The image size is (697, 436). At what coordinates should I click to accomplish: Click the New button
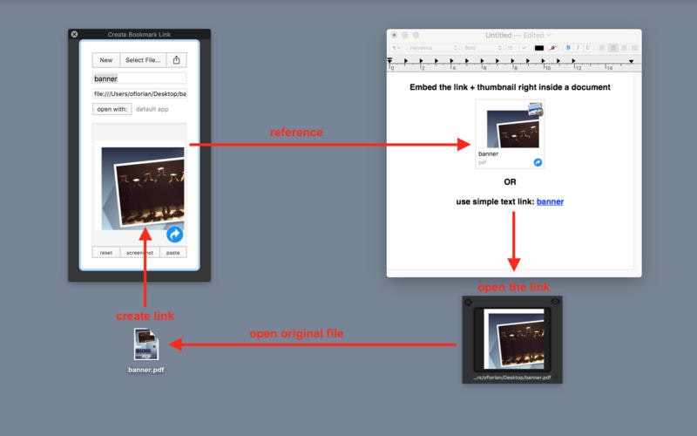tap(105, 60)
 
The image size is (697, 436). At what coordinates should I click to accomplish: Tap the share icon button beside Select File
tap(177, 60)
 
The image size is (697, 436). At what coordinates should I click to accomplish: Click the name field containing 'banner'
tap(139, 78)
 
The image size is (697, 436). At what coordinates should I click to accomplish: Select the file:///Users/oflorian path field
tap(139, 93)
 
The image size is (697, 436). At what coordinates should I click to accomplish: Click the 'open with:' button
tap(112, 109)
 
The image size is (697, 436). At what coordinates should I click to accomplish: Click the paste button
tap(173, 253)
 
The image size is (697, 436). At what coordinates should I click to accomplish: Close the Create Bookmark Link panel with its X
tap(74, 34)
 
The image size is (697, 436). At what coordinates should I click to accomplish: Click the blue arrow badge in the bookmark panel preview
tap(174, 234)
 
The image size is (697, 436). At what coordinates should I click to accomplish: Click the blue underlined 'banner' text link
tap(550, 201)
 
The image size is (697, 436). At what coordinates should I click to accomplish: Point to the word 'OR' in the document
tap(510, 182)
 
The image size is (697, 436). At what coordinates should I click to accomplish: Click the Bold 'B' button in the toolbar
tap(568, 47)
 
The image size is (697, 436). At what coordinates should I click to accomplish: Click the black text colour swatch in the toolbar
tap(539, 47)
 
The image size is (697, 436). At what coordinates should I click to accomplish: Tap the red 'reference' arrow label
tap(296, 133)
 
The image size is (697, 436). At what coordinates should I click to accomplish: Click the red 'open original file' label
tap(296, 333)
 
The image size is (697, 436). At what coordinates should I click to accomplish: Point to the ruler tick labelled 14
tap(607, 67)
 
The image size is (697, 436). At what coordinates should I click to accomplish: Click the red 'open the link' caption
tap(513, 287)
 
